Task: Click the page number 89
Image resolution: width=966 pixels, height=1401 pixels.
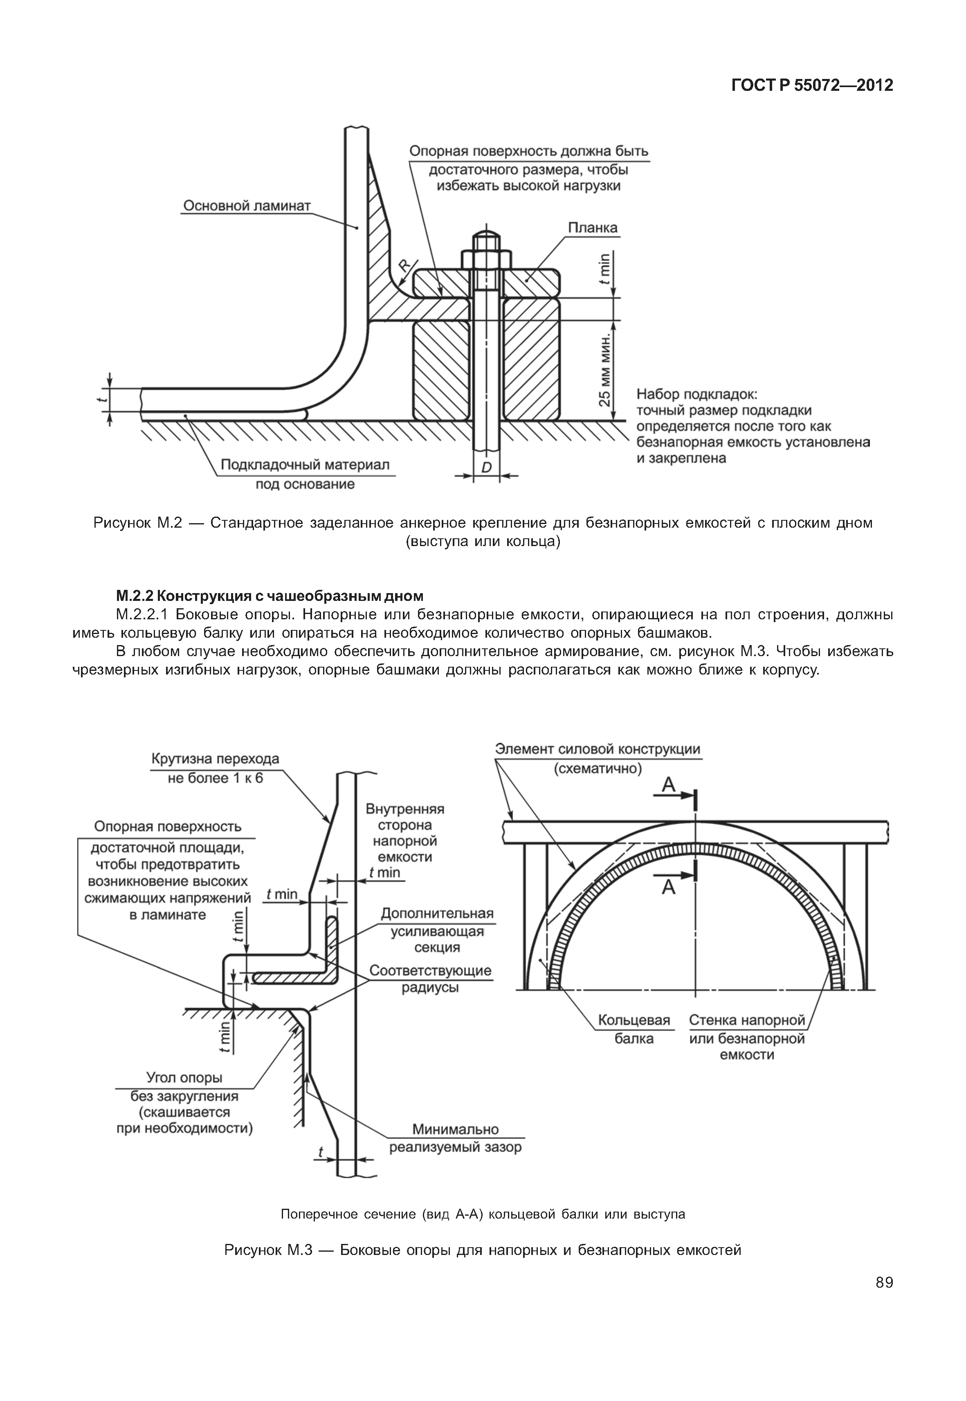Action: tap(884, 1282)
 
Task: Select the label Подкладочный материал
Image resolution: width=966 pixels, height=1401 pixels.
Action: tap(304, 465)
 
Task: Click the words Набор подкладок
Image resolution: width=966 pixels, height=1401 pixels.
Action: tap(696, 395)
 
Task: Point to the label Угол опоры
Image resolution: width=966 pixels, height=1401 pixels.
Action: tap(184, 1078)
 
